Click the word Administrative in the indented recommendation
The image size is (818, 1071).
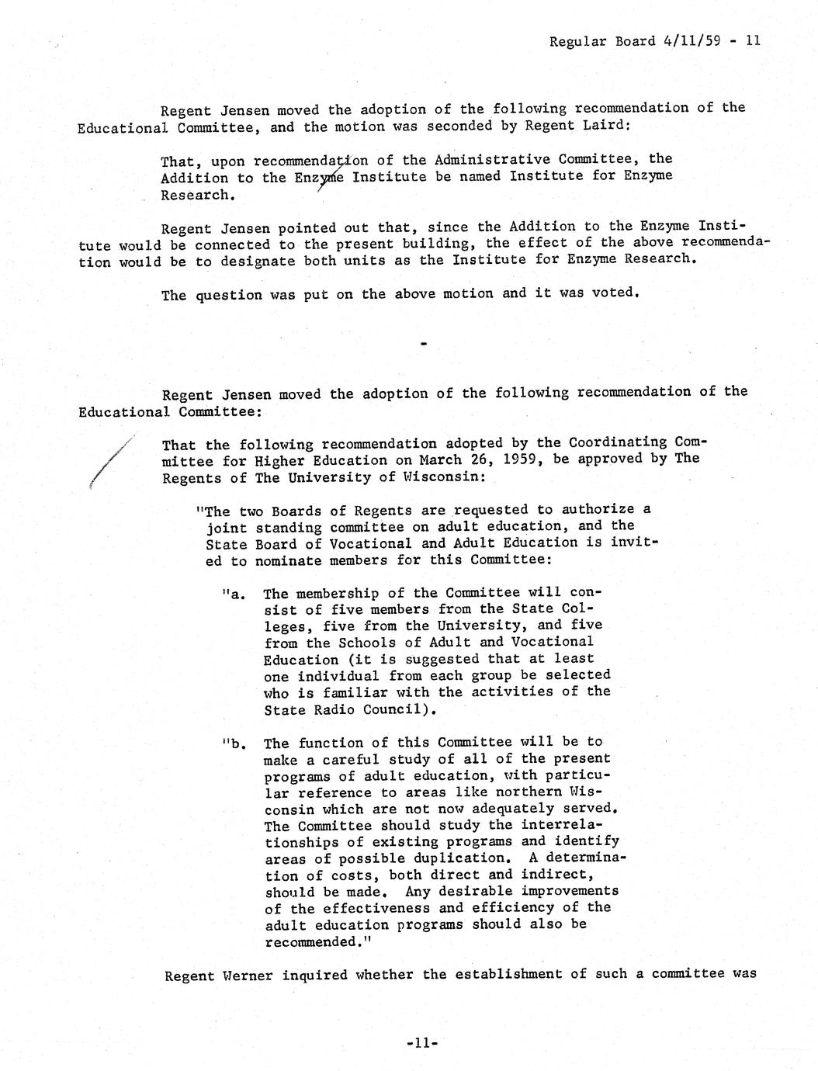[486, 160]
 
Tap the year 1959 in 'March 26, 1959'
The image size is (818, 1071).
[525, 459]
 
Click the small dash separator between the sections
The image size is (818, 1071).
[424, 343]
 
